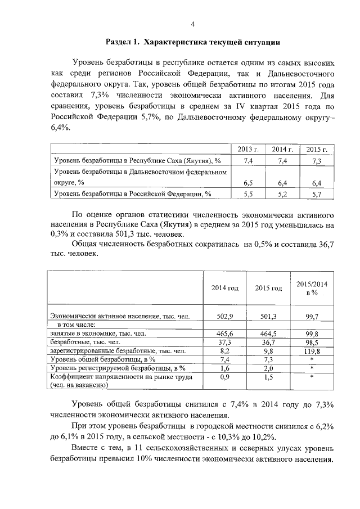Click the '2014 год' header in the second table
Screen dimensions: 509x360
coord(224,288)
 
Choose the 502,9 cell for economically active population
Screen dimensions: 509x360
coord(224,317)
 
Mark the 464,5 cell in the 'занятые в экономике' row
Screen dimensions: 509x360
coord(268,334)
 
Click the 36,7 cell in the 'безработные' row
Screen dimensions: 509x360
coord(268,342)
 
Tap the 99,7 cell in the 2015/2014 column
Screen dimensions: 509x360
coord(312,317)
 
